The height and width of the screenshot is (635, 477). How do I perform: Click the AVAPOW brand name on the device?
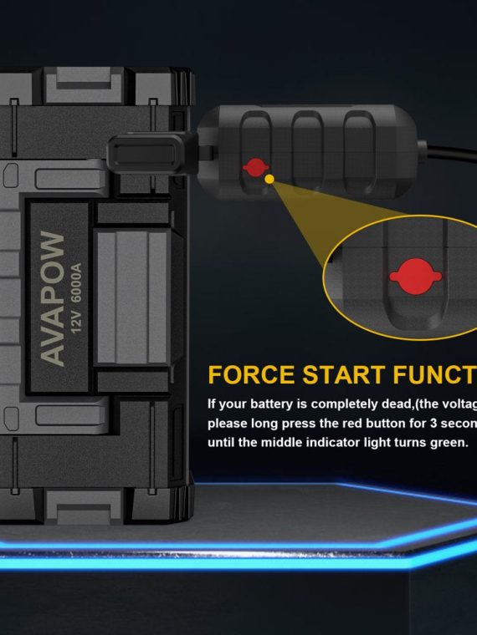coord(52,298)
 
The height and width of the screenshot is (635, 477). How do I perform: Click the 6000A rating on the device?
coord(76,284)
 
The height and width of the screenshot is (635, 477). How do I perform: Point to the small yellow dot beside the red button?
coord(269,178)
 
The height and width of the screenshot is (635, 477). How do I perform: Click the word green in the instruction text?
coord(445,442)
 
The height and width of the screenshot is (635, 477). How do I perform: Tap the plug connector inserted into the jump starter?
coord(146,151)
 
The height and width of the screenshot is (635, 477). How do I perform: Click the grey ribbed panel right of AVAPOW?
coord(134,297)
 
